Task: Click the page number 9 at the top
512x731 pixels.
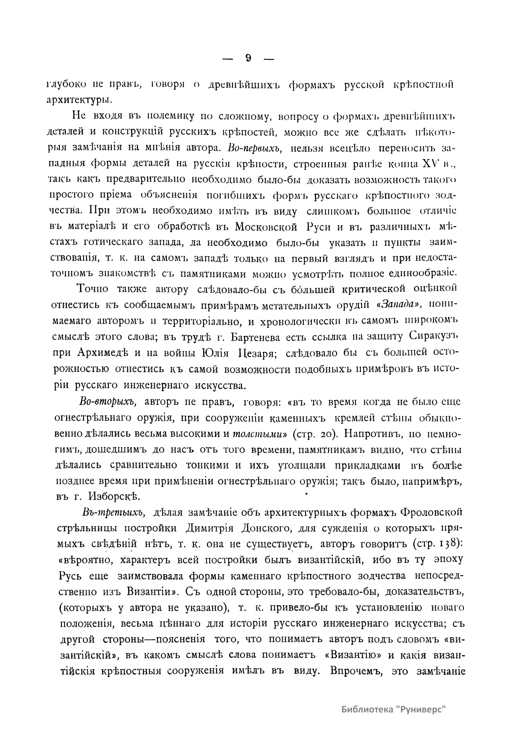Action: pos(248,58)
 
